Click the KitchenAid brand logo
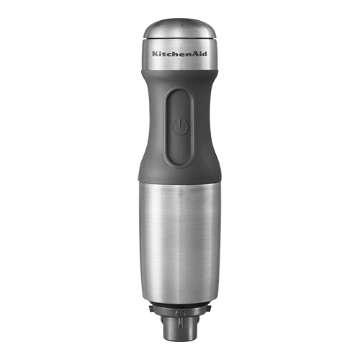click(179, 54)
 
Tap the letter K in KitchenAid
click(155, 54)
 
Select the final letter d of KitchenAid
click(205, 54)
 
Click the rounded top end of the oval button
click(179, 92)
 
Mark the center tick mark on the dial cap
click(181, 24)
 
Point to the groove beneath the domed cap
click(180, 38)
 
